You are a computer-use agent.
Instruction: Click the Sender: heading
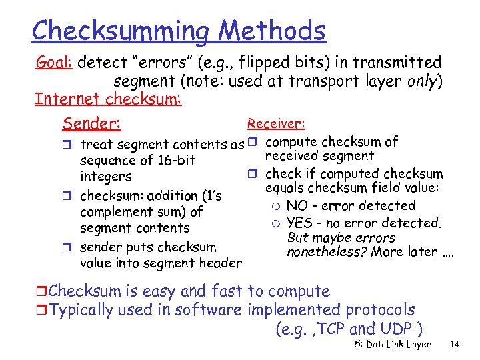[x=91, y=123]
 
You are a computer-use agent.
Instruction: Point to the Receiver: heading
[x=276, y=123]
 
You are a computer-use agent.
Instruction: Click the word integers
[x=105, y=177]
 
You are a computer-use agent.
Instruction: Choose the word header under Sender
[x=220, y=263]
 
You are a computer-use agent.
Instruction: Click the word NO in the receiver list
[x=297, y=206]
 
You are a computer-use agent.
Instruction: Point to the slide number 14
[x=455, y=345]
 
